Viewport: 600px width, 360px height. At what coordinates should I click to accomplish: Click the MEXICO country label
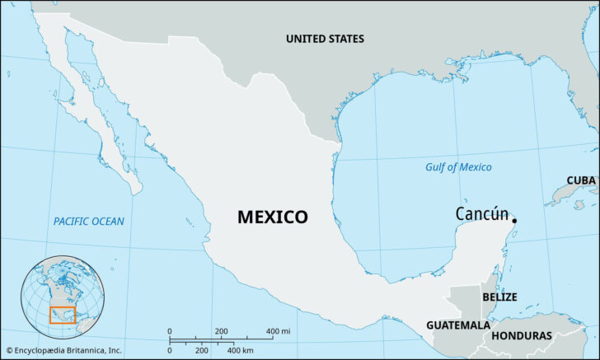click(273, 217)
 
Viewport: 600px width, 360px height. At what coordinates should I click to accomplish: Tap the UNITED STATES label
click(325, 39)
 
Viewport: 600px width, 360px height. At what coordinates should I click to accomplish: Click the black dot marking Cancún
click(514, 220)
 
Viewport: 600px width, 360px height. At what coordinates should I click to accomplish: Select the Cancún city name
click(482, 214)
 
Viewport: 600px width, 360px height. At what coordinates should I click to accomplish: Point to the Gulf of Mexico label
click(458, 167)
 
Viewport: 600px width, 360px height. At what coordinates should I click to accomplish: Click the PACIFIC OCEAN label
click(89, 221)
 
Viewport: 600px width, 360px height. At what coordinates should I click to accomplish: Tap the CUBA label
click(581, 180)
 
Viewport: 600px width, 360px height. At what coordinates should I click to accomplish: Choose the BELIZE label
click(499, 297)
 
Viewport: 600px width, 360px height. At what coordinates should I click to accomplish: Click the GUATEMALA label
click(458, 325)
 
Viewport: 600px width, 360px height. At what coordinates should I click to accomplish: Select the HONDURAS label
click(522, 335)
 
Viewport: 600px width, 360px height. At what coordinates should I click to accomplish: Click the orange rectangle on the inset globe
click(62, 316)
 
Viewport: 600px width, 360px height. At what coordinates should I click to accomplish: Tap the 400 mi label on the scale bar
click(279, 331)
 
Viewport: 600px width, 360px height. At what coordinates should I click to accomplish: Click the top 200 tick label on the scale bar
click(221, 331)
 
